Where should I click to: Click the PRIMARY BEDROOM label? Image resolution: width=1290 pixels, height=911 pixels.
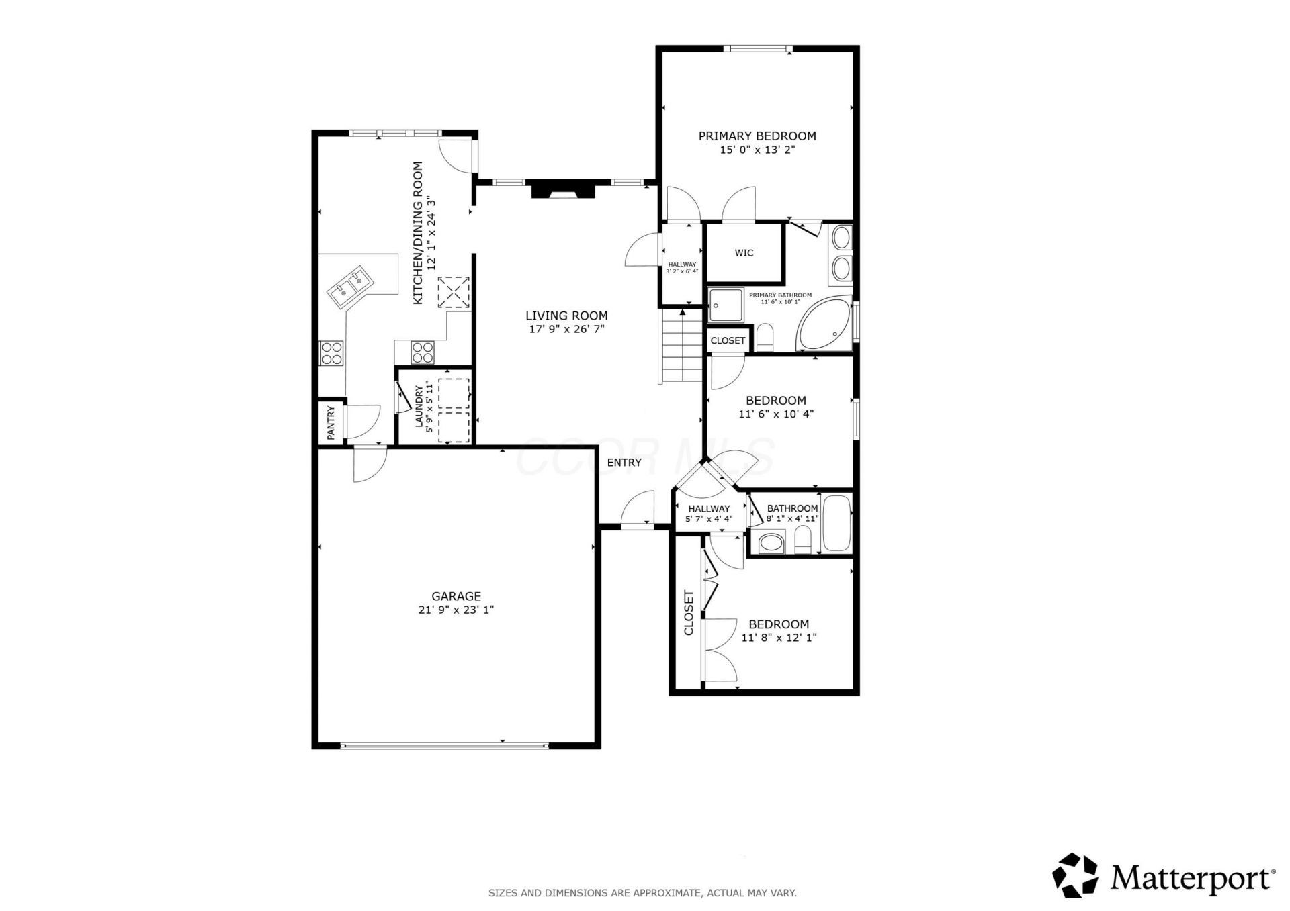tap(757, 136)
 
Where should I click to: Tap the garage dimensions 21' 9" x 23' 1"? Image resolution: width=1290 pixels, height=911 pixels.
tap(456, 610)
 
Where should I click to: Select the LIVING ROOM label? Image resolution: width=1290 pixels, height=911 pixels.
tap(566, 316)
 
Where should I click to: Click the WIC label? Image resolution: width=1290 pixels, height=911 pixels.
tap(744, 253)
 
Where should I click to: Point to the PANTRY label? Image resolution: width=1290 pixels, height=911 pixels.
tap(331, 423)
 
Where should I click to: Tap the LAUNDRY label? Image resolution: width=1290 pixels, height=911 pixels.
tap(419, 406)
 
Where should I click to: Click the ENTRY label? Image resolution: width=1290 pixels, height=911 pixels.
tap(624, 463)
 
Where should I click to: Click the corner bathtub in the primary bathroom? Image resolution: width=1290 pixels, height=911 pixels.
tap(824, 324)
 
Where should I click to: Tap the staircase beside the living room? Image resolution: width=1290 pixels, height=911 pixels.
tap(682, 345)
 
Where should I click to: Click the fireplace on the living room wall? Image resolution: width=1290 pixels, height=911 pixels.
tap(563, 189)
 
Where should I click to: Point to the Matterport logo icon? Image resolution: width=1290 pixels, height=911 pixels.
tap(1075, 875)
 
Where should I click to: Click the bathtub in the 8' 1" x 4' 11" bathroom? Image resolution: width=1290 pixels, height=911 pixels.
tap(836, 523)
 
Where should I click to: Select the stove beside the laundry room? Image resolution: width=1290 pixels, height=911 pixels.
tap(423, 352)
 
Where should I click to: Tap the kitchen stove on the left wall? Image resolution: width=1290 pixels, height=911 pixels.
tap(331, 353)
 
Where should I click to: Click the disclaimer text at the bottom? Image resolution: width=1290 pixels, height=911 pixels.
tap(642, 893)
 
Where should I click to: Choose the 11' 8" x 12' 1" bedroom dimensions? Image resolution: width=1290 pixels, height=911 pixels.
tap(779, 638)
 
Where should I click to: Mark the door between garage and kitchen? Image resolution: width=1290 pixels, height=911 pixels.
tap(370, 463)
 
